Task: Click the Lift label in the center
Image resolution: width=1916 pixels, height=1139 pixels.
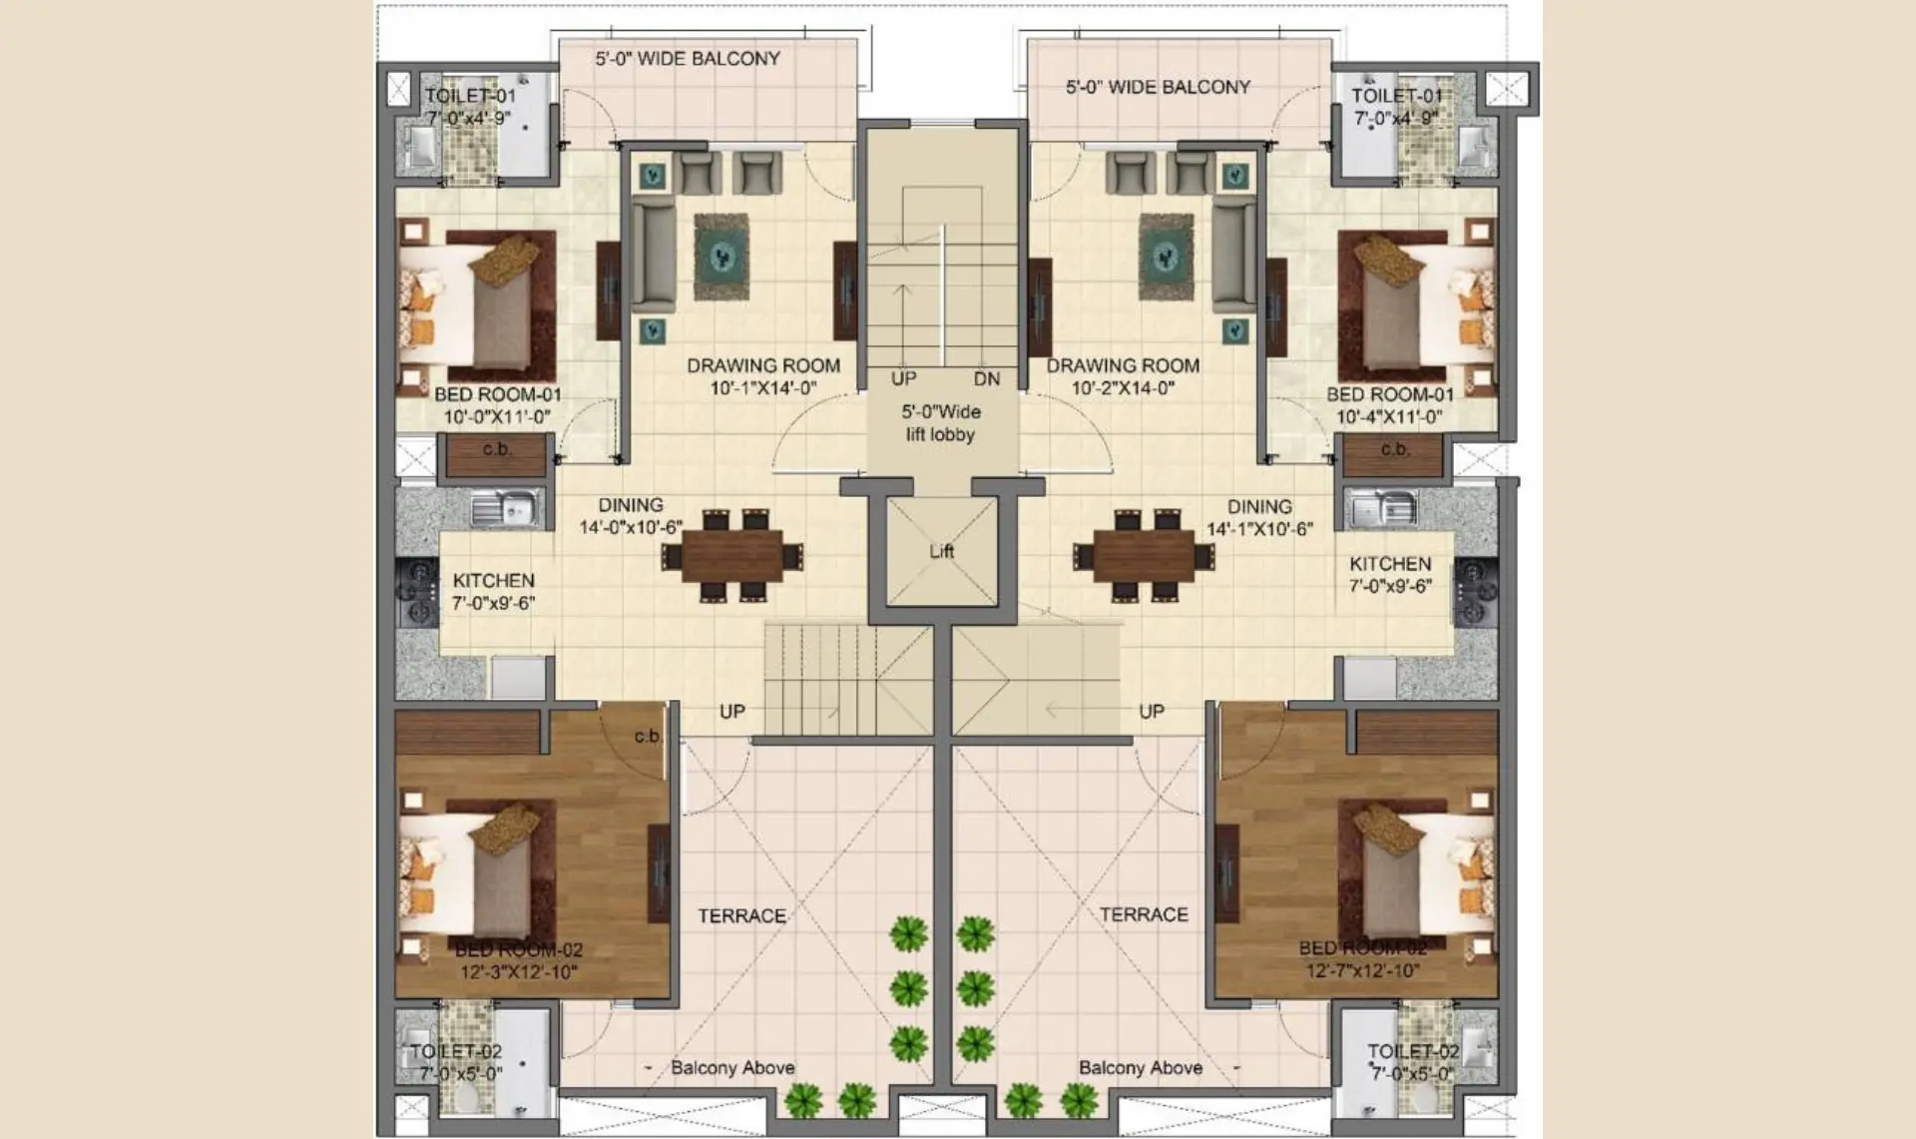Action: pos(941,551)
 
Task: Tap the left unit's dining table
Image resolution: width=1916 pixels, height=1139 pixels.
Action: pos(732,556)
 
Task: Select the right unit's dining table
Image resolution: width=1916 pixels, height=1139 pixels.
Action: pos(1144,556)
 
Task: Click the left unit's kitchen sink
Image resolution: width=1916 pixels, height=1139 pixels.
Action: pos(505,509)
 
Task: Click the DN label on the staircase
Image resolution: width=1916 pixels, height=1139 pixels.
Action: pos(986,379)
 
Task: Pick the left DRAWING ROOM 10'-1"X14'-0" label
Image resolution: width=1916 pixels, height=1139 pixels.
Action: pos(763,376)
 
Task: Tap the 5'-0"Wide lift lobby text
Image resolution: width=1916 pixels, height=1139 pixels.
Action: pos(940,422)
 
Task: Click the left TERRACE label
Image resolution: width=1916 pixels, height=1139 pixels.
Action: pos(741,915)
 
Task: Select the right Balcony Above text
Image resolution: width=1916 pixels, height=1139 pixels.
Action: pos(1140,1067)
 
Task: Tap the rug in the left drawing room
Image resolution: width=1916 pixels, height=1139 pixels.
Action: pos(720,257)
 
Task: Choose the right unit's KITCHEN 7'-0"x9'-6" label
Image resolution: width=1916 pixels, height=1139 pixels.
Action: pos(1390,574)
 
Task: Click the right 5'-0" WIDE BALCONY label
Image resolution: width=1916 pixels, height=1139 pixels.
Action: pos(1158,87)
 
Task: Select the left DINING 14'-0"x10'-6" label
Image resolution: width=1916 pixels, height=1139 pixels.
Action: pos(631,516)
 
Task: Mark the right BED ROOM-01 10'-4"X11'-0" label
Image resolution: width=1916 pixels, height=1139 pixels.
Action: pos(1389,405)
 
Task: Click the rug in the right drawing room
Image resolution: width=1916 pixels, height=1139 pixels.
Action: pos(1166,257)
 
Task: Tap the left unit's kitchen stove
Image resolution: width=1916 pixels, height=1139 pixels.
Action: pos(419,592)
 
